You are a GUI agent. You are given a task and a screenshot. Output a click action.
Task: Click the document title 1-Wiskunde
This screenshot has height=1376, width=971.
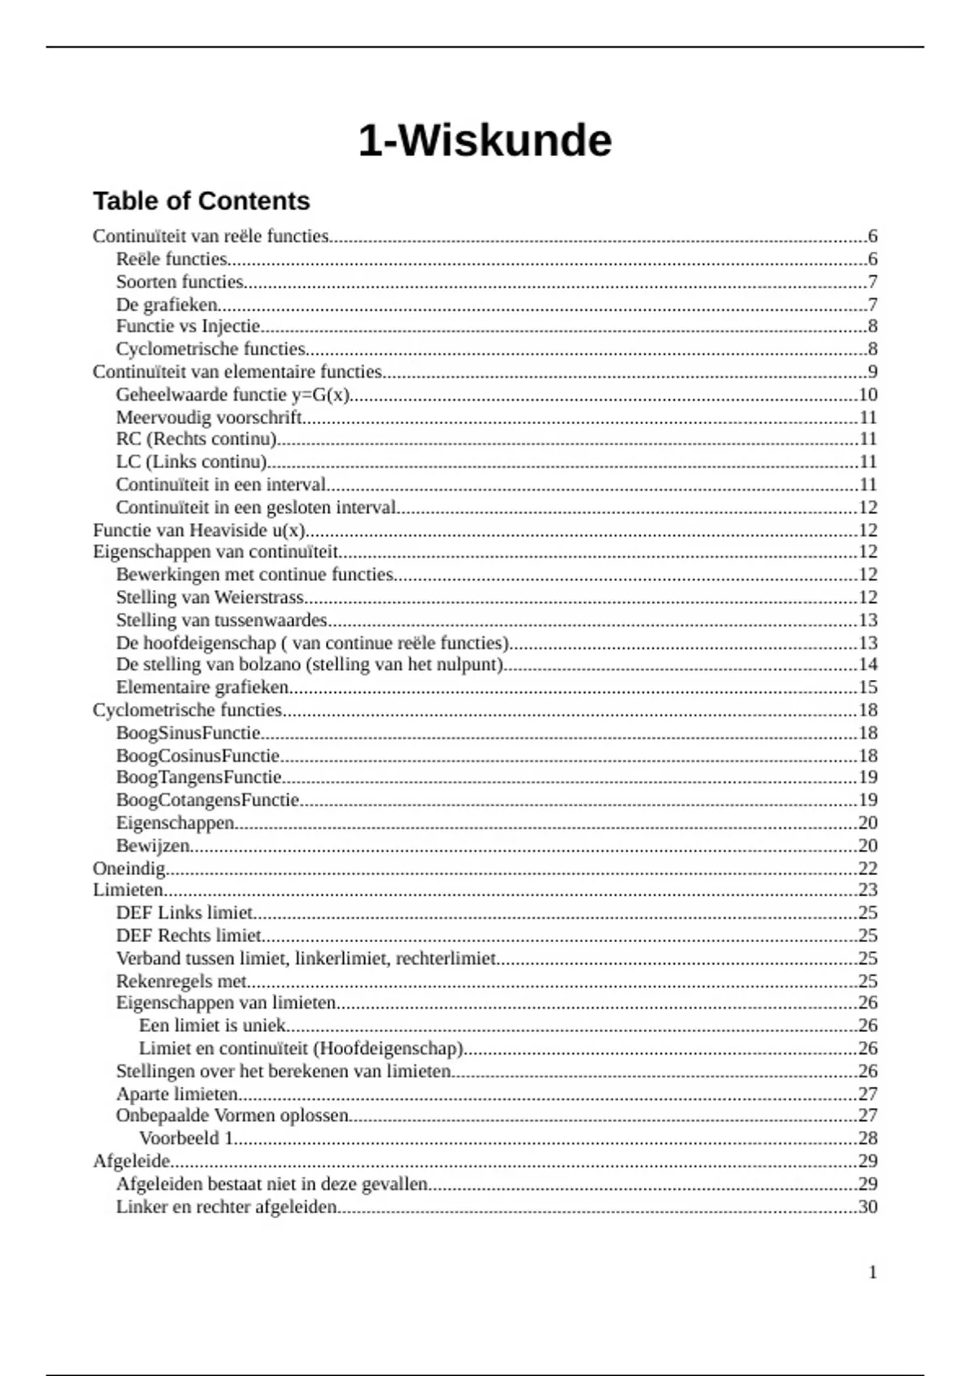tap(485, 141)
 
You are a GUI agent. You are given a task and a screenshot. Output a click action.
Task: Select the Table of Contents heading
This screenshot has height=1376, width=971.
tap(201, 201)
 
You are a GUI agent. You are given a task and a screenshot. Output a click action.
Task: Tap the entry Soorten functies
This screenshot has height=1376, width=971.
tap(180, 282)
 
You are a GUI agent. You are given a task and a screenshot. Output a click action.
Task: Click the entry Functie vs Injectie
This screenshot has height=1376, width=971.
tap(188, 326)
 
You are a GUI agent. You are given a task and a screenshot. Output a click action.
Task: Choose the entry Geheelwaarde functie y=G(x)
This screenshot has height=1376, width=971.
tap(232, 395)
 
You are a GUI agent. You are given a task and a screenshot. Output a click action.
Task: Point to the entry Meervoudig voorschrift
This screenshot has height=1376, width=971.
tap(209, 418)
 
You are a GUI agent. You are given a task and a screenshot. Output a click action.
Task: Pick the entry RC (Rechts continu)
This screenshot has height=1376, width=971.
tap(196, 440)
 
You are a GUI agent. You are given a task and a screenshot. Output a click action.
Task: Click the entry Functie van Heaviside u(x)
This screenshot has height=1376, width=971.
tap(199, 531)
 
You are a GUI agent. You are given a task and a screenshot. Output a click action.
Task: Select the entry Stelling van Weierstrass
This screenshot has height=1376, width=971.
tap(210, 597)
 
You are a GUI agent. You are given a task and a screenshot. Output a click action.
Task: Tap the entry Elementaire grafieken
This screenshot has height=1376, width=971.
tap(202, 687)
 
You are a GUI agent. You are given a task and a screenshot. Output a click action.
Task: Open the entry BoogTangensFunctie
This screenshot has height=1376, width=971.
tap(199, 778)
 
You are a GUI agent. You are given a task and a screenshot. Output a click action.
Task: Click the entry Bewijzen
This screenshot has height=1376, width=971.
tap(153, 846)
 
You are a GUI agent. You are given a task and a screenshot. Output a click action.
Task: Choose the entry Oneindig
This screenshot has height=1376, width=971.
tap(129, 868)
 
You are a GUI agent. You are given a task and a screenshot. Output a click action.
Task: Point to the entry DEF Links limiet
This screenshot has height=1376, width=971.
tap(184, 913)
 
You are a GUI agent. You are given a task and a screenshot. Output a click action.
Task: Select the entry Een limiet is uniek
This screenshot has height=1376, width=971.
tap(213, 1026)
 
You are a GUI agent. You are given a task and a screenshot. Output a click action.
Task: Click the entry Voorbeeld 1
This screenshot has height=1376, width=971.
tap(186, 1138)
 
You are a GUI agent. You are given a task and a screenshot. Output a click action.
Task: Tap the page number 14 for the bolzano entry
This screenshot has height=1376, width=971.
tap(867, 665)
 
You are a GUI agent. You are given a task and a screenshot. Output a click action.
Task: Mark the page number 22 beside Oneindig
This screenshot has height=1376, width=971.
tap(867, 868)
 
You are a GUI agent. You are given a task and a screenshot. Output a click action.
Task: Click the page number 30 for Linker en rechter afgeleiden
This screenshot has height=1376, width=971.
tap(867, 1207)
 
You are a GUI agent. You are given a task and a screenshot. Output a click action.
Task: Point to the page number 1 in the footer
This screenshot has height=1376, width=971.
tap(872, 1272)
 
